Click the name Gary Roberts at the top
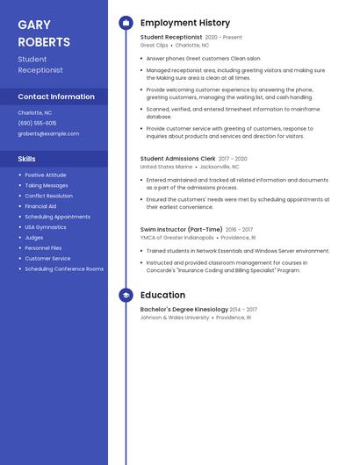click(x=43, y=33)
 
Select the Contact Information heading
click(x=56, y=97)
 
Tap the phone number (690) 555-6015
click(x=37, y=123)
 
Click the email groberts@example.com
click(x=48, y=133)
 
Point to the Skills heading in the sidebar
click(x=27, y=159)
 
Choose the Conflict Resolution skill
click(x=49, y=196)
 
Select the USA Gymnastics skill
click(x=46, y=227)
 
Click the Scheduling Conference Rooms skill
click(x=64, y=269)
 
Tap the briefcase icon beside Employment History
click(x=126, y=23)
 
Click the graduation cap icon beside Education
click(x=126, y=296)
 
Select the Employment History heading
click(x=185, y=23)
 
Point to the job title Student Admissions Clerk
click(x=177, y=159)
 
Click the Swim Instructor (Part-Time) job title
click(x=182, y=230)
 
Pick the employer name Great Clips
click(x=154, y=45)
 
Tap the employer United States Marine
click(x=166, y=166)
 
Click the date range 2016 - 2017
click(x=239, y=230)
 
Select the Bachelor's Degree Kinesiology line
click(x=184, y=310)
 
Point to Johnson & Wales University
click(x=175, y=318)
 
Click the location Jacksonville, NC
click(x=220, y=166)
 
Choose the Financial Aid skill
click(x=40, y=206)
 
